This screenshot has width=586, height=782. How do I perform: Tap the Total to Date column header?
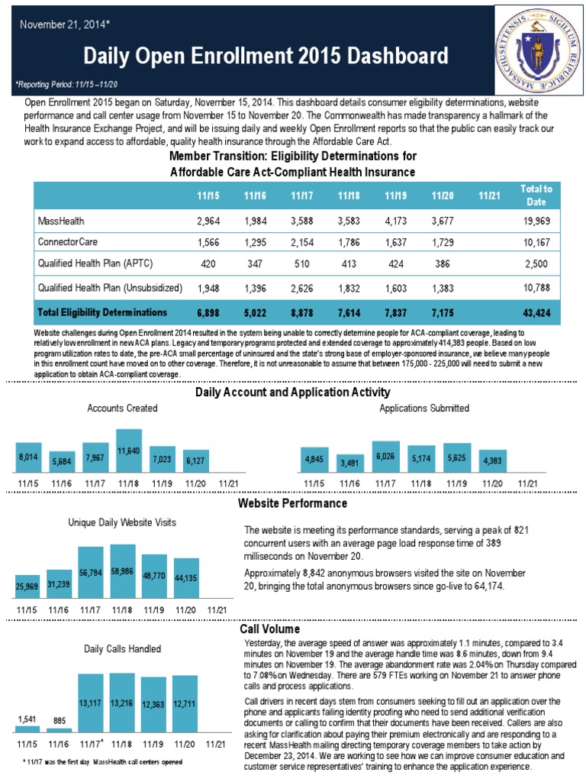click(x=536, y=195)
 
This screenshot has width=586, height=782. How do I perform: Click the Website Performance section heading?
click(x=292, y=504)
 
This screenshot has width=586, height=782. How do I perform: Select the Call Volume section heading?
click(x=269, y=629)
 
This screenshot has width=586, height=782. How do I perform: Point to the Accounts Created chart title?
click(x=122, y=409)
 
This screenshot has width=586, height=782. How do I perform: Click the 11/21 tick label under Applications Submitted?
click(x=527, y=483)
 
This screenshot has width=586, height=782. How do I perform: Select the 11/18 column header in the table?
click(x=348, y=195)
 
